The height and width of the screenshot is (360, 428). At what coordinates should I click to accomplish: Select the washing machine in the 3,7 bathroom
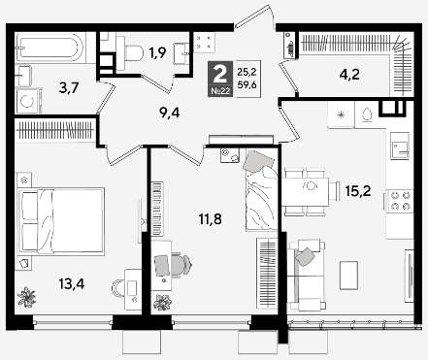point(27,101)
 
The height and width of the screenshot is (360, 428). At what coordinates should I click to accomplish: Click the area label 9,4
point(170,113)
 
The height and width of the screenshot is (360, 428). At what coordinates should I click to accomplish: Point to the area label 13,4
point(72,284)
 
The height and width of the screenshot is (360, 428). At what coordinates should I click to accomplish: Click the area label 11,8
point(211,219)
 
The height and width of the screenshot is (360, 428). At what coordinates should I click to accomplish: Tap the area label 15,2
point(358,191)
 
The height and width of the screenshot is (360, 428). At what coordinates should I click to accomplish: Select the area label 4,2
point(349,75)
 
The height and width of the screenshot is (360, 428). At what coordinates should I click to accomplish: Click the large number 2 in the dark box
point(220,74)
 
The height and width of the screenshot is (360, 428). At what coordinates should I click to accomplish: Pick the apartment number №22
point(220,91)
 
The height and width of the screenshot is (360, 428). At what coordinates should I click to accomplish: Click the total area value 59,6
point(247,85)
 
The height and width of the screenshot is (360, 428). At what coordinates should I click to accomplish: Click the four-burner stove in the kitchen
point(400,201)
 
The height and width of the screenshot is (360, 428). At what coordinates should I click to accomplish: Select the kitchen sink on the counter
point(399,146)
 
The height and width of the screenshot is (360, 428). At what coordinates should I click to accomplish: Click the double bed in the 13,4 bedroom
point(61,221)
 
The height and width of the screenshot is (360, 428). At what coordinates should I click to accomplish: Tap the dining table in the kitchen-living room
point(306,191)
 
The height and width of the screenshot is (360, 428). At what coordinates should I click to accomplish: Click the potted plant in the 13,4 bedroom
point(26,297)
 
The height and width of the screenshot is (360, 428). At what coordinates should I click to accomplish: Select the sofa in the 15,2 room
point(306,275)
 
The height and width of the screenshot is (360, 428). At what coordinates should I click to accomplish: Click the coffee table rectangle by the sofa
point(348,276)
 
